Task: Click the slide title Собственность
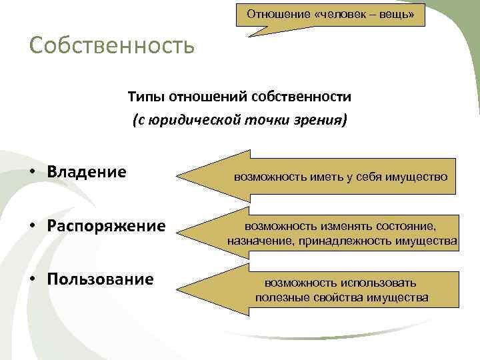point(112,47)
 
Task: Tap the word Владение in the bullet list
point(87,172)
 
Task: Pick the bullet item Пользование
point(101,278)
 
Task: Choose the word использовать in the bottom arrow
point(377,283)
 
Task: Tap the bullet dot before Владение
point(32,173)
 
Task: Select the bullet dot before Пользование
point(32,279)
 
